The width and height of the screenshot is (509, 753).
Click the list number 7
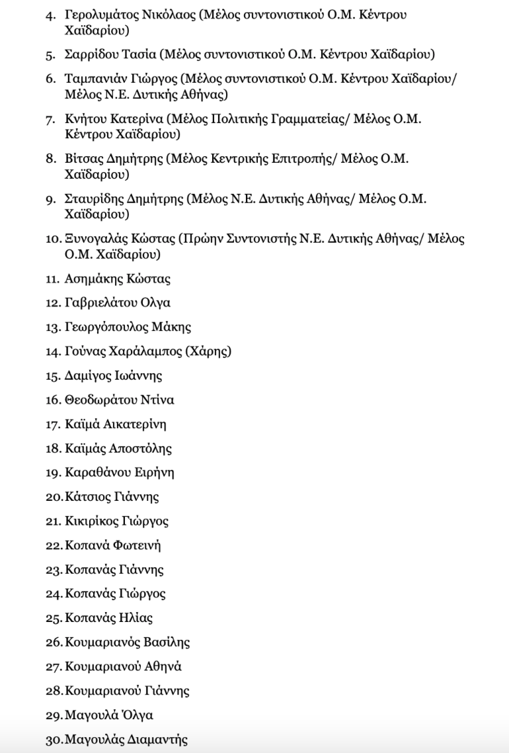point(50,119)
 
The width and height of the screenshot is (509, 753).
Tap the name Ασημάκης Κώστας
point(118,279)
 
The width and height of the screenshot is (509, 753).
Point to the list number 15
point(53,376)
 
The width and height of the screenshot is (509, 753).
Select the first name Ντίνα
point(157,400)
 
